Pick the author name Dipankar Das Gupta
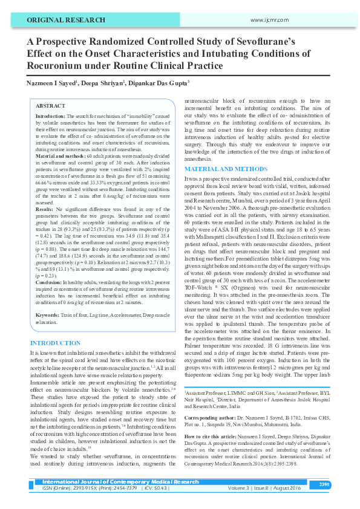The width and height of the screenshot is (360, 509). click(x=158, y=82)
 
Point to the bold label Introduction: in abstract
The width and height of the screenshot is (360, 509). click(x=51, y=115)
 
